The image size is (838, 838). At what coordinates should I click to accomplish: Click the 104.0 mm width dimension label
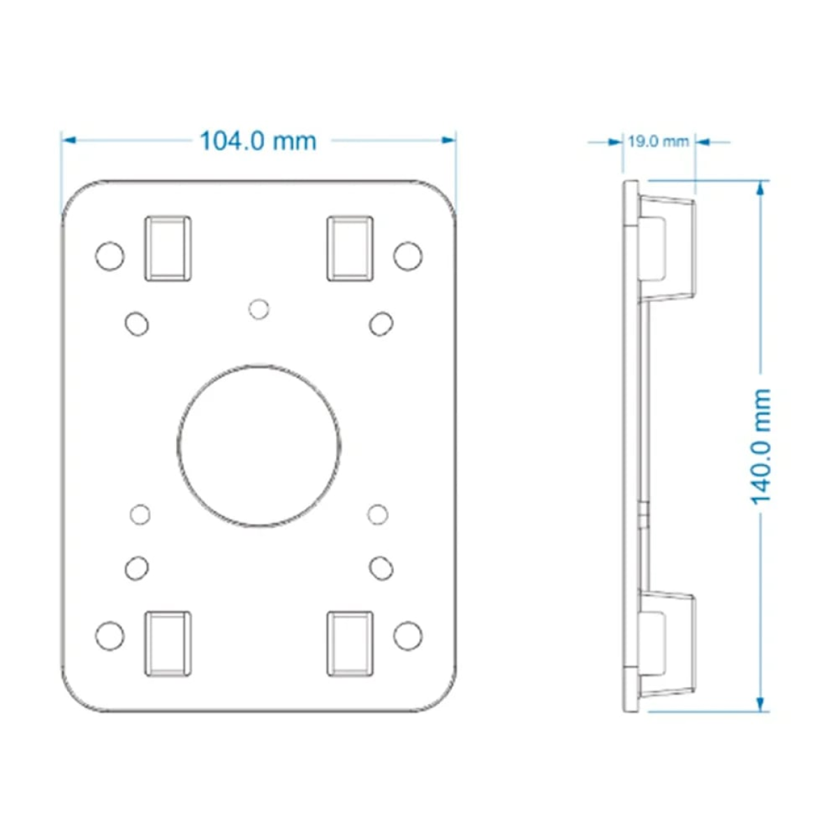[258, 141]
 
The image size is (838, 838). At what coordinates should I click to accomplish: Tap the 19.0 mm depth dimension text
[659, 142]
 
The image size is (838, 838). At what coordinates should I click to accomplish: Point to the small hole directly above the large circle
[259, 309]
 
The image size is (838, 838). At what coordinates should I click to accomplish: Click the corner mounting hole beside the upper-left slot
[110, 256]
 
